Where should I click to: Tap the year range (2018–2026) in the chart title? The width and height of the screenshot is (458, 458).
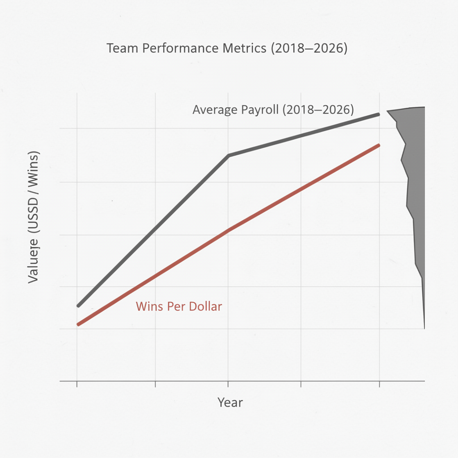[x=309, y=48]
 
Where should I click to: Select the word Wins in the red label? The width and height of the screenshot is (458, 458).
[x=148, y=307]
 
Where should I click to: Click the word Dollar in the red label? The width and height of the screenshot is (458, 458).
[x=204, y=307]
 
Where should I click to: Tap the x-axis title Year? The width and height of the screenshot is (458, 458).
[x=230, y=402]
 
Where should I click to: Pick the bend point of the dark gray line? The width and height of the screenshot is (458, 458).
[x=229, y=156]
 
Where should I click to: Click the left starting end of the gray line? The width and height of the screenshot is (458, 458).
[x=78, y=306]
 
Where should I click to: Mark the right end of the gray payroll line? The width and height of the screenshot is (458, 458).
[x=379, y=114]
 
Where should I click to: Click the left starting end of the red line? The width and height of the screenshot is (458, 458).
[x=78, y=324]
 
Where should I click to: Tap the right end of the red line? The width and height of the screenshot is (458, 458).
[x=379, y=145]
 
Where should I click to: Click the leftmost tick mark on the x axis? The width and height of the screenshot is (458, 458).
[x=77, y=384]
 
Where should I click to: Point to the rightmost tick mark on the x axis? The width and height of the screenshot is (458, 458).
[x=379, y=384]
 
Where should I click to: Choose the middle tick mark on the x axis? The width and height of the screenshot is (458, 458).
[x=228, y=384]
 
